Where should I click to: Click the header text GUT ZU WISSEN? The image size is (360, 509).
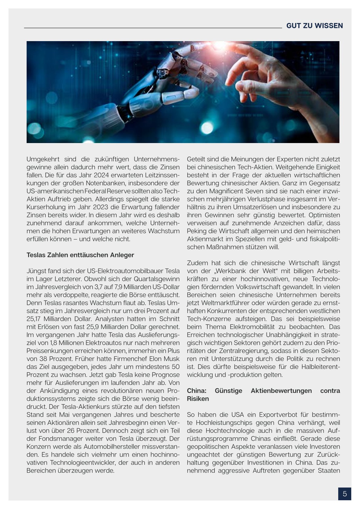tap(314, 26)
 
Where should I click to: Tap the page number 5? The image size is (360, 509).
tap(345, 494)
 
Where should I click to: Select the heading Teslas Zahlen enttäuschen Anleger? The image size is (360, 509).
tap(80, 255)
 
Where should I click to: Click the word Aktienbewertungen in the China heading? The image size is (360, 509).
tap(281, 391)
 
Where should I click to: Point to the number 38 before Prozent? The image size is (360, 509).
tap(43, 359)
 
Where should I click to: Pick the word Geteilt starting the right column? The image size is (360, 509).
tap(197, 159)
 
